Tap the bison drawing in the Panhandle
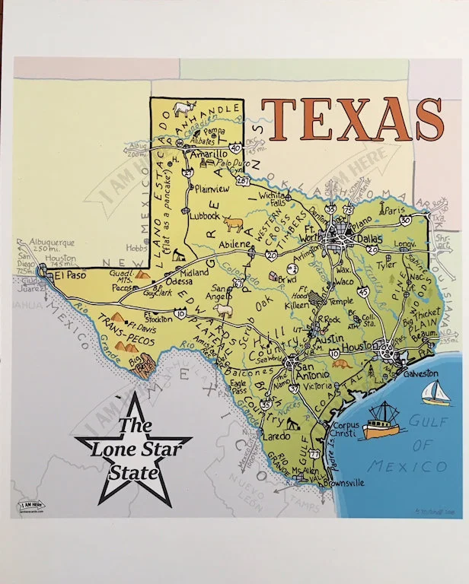[183, 108]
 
